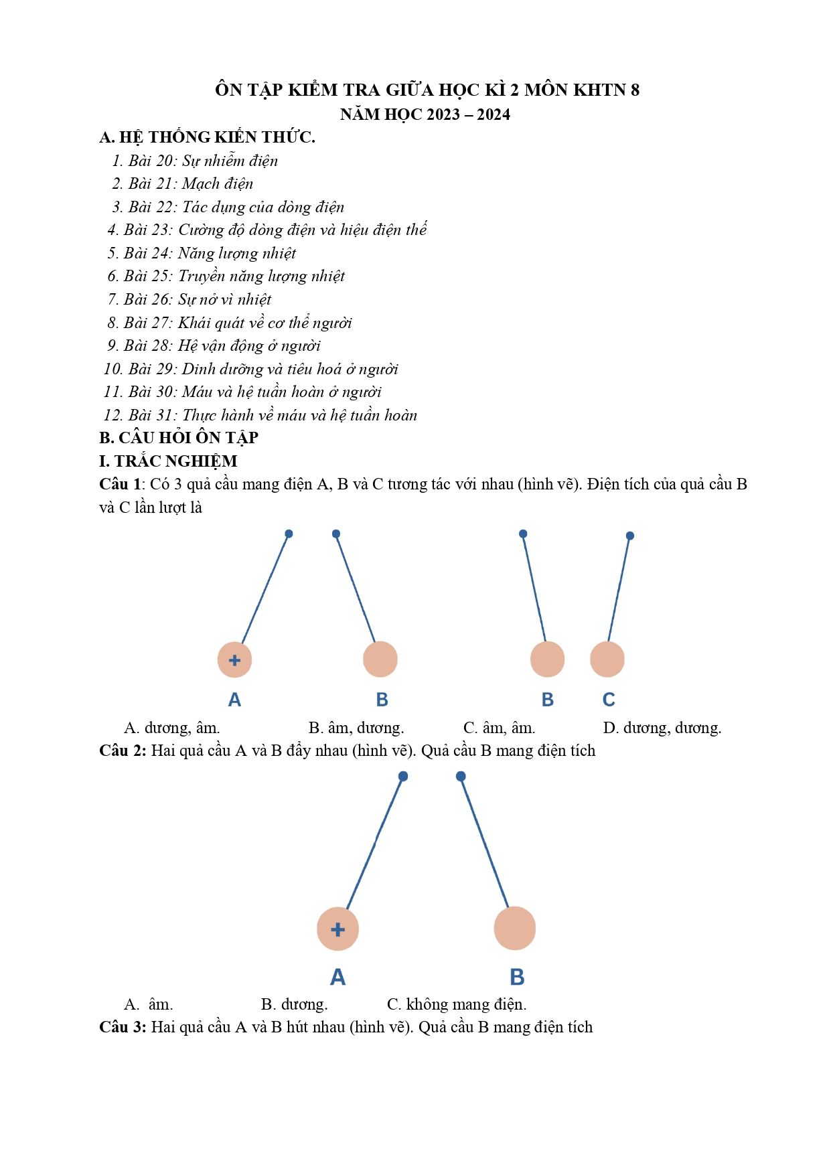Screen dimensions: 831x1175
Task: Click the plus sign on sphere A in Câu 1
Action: click(x=234, y=660)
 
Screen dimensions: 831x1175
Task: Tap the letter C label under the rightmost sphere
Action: click(x=609, y=700)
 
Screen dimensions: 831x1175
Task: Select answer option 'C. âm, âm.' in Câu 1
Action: click(x=499, y=728)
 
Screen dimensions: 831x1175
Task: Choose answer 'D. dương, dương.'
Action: click(x=662, y=728)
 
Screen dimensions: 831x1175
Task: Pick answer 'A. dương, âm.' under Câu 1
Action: click(x=172, y=728)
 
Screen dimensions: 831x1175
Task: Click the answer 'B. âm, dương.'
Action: click(x=356, y=728)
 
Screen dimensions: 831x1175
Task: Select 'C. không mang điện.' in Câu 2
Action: click(x=457, y=1004)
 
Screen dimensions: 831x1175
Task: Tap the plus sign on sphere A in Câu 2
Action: click(x=337, y=929)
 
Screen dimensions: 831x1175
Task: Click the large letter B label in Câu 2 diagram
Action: click(x=517, y=977)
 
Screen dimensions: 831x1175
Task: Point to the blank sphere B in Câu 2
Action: click(x=514, y=928)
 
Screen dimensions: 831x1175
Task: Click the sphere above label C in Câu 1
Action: click(x=607, y=659)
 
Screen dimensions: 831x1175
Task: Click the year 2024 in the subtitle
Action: click(x=494, y=114)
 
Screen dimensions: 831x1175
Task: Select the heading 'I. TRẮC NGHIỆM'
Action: click(x=168, y=461)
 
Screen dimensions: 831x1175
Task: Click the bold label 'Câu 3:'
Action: click(x=123, y=1027)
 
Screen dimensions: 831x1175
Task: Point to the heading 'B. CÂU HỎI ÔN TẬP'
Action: click(x=179, y=438)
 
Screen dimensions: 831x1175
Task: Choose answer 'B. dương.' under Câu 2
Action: click(x=294, y=1004)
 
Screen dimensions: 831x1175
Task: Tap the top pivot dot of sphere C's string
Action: click(x=630, y=536)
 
